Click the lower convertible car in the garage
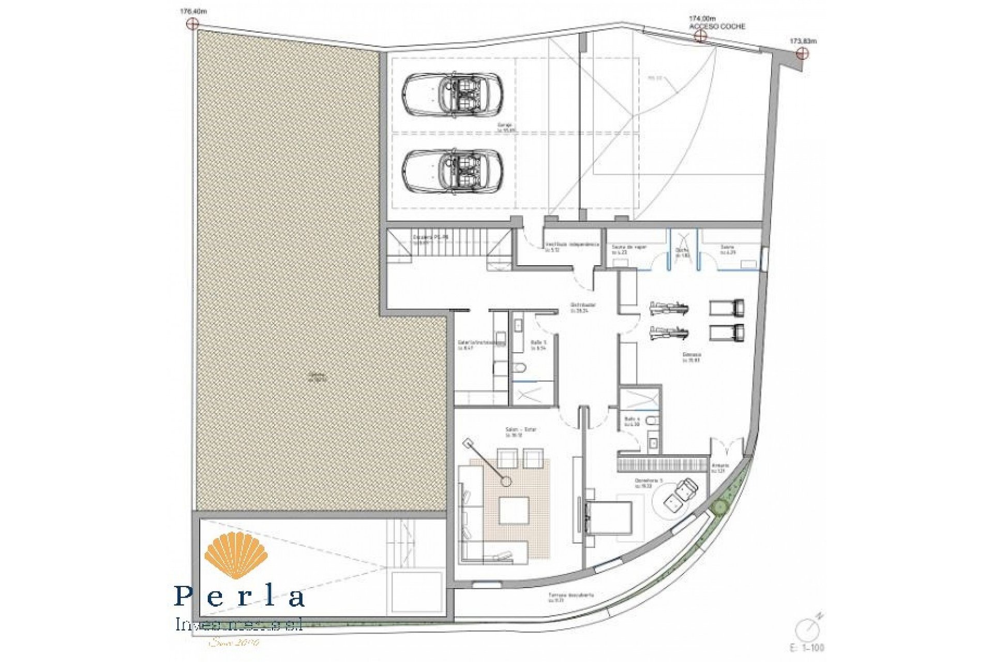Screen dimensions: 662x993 tap(453, 172)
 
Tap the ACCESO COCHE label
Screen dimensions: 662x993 tap(717, 26)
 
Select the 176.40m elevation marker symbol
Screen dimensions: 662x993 tap(192, 23)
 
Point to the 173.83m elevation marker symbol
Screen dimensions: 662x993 tap(802, 53)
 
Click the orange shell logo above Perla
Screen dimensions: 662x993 tap(236, 555)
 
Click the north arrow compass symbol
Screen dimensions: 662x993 tap(804, 629)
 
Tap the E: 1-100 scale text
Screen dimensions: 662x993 tap(807, 648)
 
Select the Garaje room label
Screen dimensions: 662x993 tap(505, 126)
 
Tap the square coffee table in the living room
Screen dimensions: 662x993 tap(513, 509)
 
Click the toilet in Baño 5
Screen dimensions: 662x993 tap(520, 368)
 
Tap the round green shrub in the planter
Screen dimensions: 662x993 tap(719, 507)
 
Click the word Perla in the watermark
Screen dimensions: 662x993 tap(239, 596)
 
